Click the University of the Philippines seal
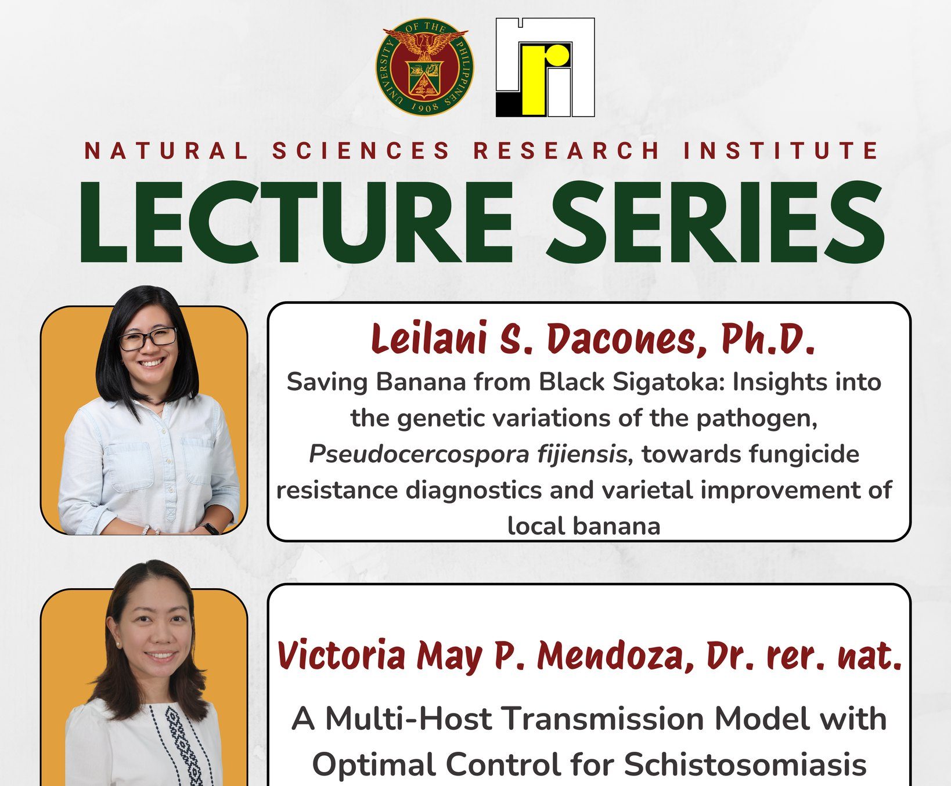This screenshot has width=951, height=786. coord(424,67)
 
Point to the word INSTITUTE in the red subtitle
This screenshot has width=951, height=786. coord(780,151)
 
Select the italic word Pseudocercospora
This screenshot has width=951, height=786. coord(418,454)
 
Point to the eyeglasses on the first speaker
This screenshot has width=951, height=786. coord(147,339)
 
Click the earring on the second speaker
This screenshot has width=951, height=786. coord(118,644)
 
